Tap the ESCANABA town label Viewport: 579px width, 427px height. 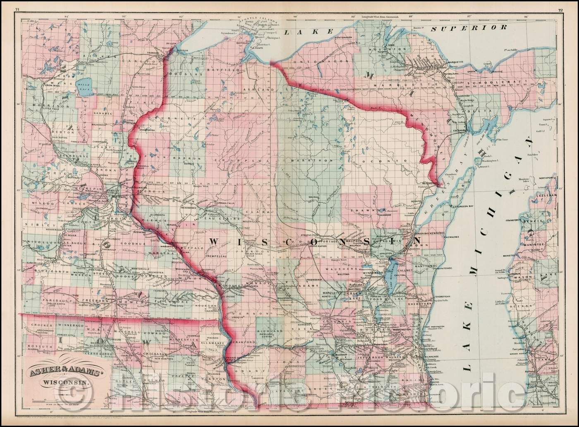tap(468, 129)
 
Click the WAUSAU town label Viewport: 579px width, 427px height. tap(313, 197)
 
